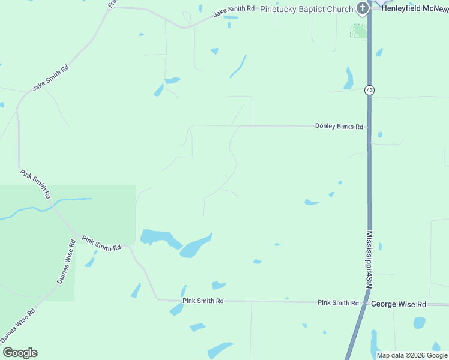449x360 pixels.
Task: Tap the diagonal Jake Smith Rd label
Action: pyautogui.click(x=51, y=77)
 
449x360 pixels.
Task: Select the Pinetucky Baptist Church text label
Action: pyautogui.click(x=306, y=9)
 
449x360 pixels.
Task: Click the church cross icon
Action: pyautogui.click(x=363, y=8)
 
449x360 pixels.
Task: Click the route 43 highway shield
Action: pyautogui.click(x=369, y=90)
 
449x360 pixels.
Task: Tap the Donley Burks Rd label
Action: pyautogui.click(x=339, y=127)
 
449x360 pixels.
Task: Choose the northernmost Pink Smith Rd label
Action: pyautogui.click(x=35, y=184)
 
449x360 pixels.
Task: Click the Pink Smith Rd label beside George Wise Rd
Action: pyautogui.click(x=338, y=303)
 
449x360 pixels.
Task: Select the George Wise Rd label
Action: pyautogui.click(x=398, y=304)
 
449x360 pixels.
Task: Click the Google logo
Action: pyautogui.click(x=20, y=353)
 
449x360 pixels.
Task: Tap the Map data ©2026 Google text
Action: pyautogui.click(x=412, y=355)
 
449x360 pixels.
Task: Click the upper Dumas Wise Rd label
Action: pyautogui.click(x=66, y=262)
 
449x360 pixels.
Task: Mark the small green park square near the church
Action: pyautogui.click(x=359, y=31)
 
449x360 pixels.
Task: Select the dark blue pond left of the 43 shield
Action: pyautogui.click(x=348, y=78)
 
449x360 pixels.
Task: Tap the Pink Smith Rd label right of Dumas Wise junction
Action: pyautogui.click(x=101, y=243)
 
